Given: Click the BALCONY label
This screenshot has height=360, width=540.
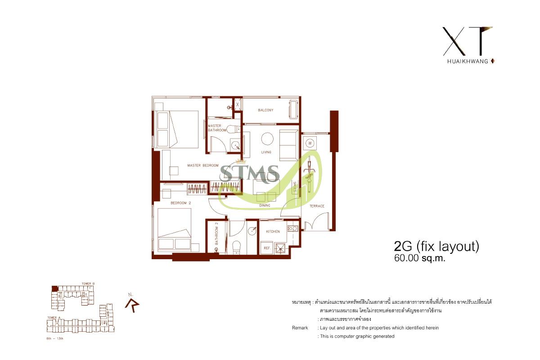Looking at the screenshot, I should pyautogui.click(x=265, y=110).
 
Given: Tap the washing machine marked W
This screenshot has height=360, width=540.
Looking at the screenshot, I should pyautogui.click(x=310, y=144).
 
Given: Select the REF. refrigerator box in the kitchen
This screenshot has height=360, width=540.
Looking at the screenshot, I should pyautogui.click(x=266, y=247).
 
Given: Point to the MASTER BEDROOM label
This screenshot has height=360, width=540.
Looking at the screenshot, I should pyautogui.click(x=202, y=166).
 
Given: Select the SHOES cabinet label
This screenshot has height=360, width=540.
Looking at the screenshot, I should pyautogui.click(x=295, y=187).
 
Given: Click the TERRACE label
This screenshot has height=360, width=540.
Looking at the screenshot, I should pyautogui.click(x=317, y=206).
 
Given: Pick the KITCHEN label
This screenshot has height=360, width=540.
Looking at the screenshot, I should pyautogui.click(x=273, y=232).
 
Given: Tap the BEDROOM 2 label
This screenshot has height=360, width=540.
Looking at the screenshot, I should pyautogui.click(x=181, y=203).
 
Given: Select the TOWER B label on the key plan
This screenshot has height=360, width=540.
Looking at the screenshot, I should pyautogui.click(x=87, y=283).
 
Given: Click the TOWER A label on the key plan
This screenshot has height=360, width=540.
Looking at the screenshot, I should pyautogui.click(x=54, y=318).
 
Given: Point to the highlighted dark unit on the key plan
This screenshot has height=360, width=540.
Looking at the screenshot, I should pyautogui.click(x=54, y=288).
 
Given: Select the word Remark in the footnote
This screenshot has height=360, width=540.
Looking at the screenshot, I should pyautogui.click(x=300, y=328).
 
